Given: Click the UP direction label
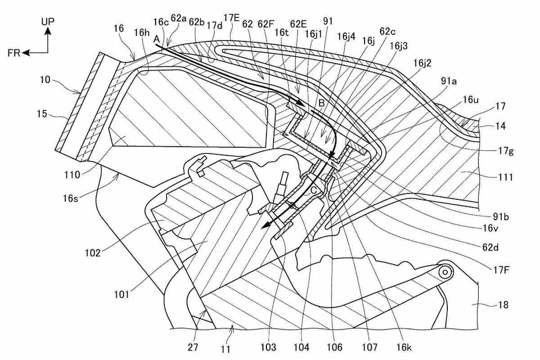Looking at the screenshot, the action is tap(48, 22).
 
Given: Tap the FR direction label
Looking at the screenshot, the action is tap(14, 53).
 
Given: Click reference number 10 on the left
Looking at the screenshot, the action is tap(45, 80).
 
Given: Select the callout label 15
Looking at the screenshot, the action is tap(42, 113).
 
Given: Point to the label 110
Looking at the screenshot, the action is tap(72, 175).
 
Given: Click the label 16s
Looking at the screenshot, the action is tap(70, 198).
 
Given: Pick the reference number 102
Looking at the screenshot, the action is tap(93, 253).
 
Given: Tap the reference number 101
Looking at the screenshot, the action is tap(121, 294).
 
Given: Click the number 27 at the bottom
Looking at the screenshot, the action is tap(193, 347).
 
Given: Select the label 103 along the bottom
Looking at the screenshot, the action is tap(268, 347).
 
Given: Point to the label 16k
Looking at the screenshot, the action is tap(404, 347).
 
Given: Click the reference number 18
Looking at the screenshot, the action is tap(503, 305).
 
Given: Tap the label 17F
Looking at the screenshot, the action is tap(501, 270).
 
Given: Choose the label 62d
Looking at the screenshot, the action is tap(490, 247).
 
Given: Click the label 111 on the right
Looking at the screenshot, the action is tap(505, 177).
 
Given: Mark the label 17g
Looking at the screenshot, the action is tap(506, 151).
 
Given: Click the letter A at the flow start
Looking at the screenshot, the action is tap(157, 39).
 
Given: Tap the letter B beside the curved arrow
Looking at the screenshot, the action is tap(322, 103).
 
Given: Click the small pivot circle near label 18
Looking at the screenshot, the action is tap(445, 272).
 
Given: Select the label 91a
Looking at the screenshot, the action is tap(449, 81).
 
